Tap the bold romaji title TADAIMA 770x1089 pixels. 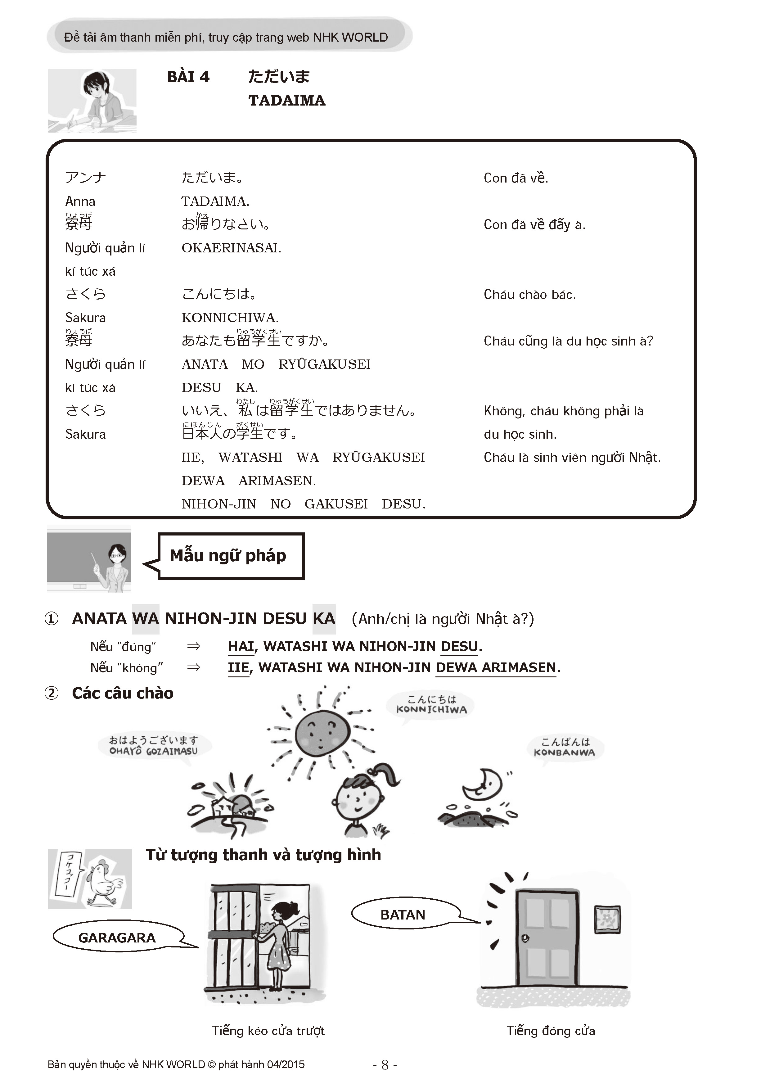(x=286, y=101)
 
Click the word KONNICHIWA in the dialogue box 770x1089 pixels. (x=229, y=318)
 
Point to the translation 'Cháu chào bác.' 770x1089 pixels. (x=529, y=295)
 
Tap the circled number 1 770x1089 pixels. (x=51, y=619)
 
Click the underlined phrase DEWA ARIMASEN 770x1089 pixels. (x=495, y=668)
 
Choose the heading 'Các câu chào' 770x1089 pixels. (x=122, y=694)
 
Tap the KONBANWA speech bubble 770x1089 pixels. (x=564, y=747)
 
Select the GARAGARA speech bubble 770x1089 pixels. (x=117, y=938)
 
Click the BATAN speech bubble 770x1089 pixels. (x=403, y=915)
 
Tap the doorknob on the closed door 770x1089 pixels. (x=525, y=938)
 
